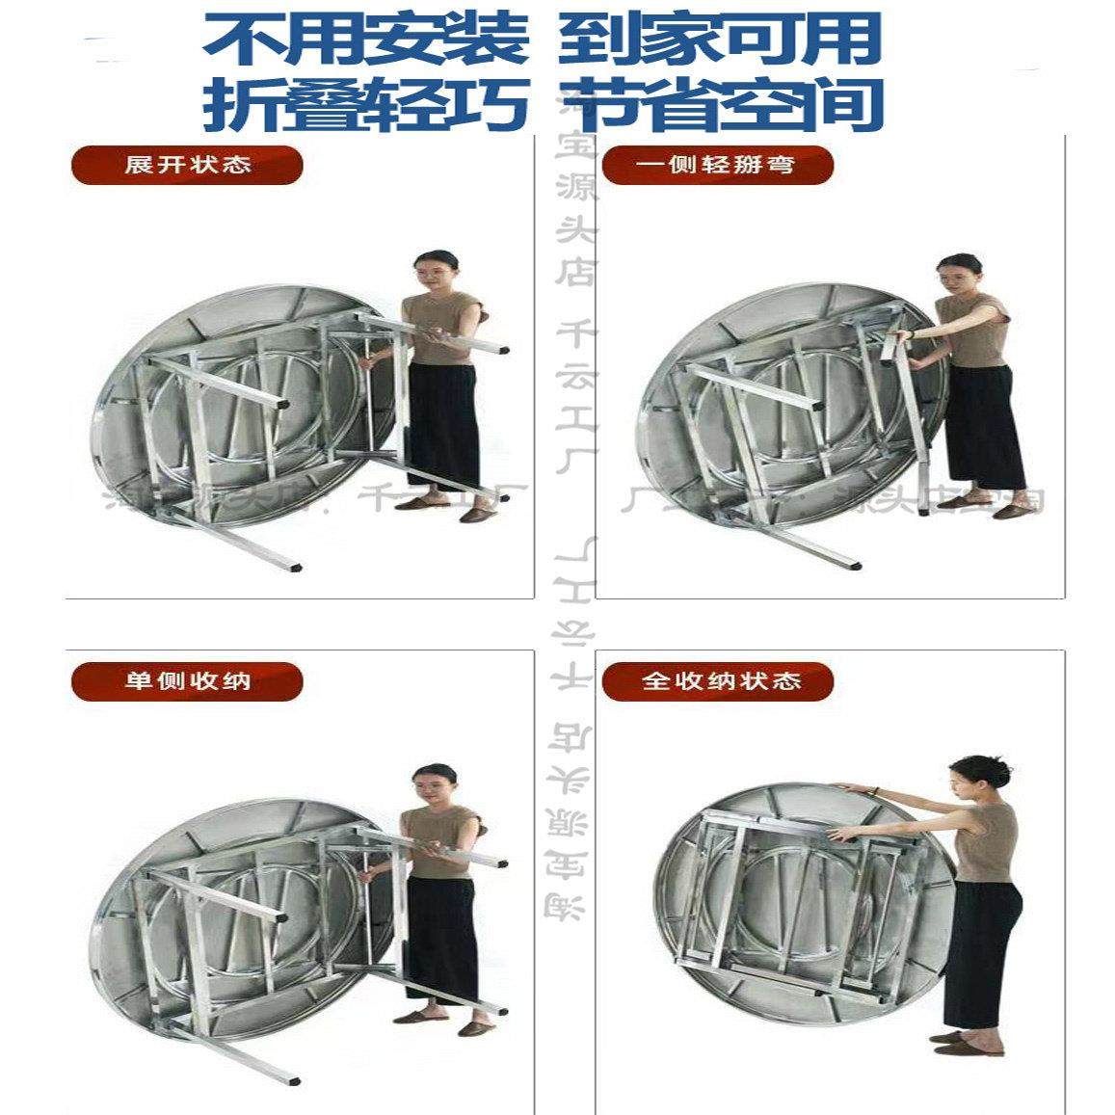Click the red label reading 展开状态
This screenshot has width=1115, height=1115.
tap(187, 164)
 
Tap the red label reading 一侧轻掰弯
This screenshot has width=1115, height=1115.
tap(716, 165)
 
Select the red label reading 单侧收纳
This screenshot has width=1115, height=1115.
tap(187, 681)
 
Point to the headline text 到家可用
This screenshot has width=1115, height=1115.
tap(719, 40)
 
